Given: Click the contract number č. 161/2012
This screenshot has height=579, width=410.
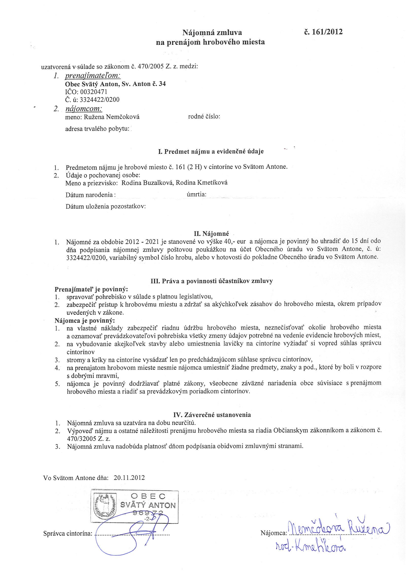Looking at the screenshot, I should coord(324,32).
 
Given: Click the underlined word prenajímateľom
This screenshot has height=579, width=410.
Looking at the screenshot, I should coord(93,76).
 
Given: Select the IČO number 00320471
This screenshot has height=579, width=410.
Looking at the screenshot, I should coord(94,92).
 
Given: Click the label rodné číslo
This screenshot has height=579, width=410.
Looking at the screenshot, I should coord(204,116).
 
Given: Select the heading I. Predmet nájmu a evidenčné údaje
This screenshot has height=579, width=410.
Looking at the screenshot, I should coord(211,152).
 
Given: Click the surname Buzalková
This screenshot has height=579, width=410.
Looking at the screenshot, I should coord(156,183).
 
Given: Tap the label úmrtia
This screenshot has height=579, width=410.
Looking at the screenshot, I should coord(197,194).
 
